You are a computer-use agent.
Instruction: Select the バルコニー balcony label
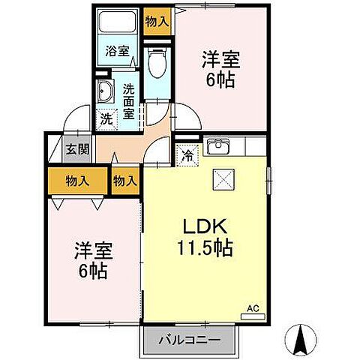click(189, 340)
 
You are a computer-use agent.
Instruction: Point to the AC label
click(253, 307)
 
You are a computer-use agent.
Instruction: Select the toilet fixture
click(156, 63)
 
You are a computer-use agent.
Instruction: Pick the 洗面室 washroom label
click(128, 100)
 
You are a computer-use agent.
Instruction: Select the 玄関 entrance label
click(72, 148)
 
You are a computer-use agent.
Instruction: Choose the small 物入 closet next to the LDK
click(125, 180)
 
